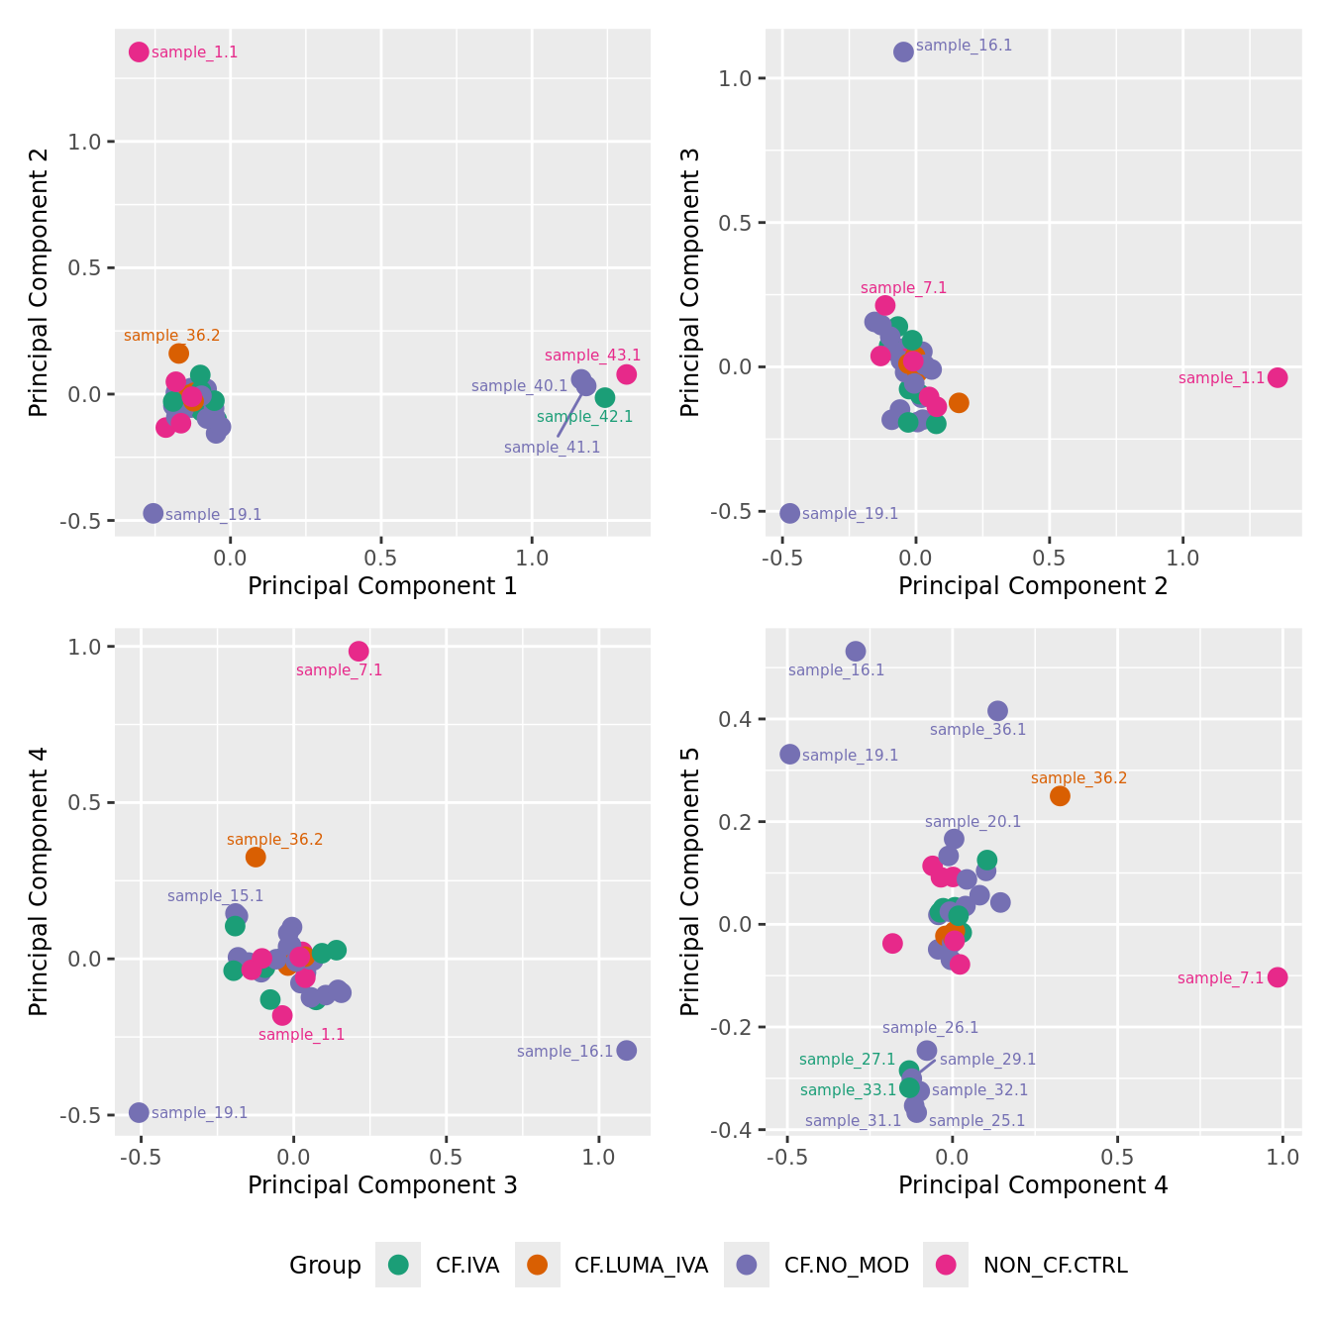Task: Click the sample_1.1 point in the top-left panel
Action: pos(139,51)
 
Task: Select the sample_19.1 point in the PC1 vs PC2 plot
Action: pos(153,513)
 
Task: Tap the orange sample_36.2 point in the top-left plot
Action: pos(178,353)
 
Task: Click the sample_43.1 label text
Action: pos(592,356)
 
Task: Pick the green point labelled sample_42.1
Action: pos(605,397)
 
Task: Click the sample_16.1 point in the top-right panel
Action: pos(903,51)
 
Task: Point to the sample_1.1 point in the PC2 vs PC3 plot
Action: pos(1278,377)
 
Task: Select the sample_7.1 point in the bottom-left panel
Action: pos(358,651)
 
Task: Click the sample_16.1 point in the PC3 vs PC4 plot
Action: pos(626,1050)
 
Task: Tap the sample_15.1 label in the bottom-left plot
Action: pos(215,896)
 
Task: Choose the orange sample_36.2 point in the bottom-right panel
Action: pos(1060,795)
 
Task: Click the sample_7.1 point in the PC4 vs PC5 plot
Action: pos(1278,976)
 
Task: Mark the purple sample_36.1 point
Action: pos(997,710)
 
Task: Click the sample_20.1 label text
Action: pos(973,822)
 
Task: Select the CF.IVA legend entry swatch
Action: pos(398,1265)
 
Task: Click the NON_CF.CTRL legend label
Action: pos(1055,1265)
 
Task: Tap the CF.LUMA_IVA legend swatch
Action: pos(538,1265)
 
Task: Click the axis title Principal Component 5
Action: pos(690,880)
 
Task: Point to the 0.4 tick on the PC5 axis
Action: pos(738,718)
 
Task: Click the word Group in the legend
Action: pos(325,1265)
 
